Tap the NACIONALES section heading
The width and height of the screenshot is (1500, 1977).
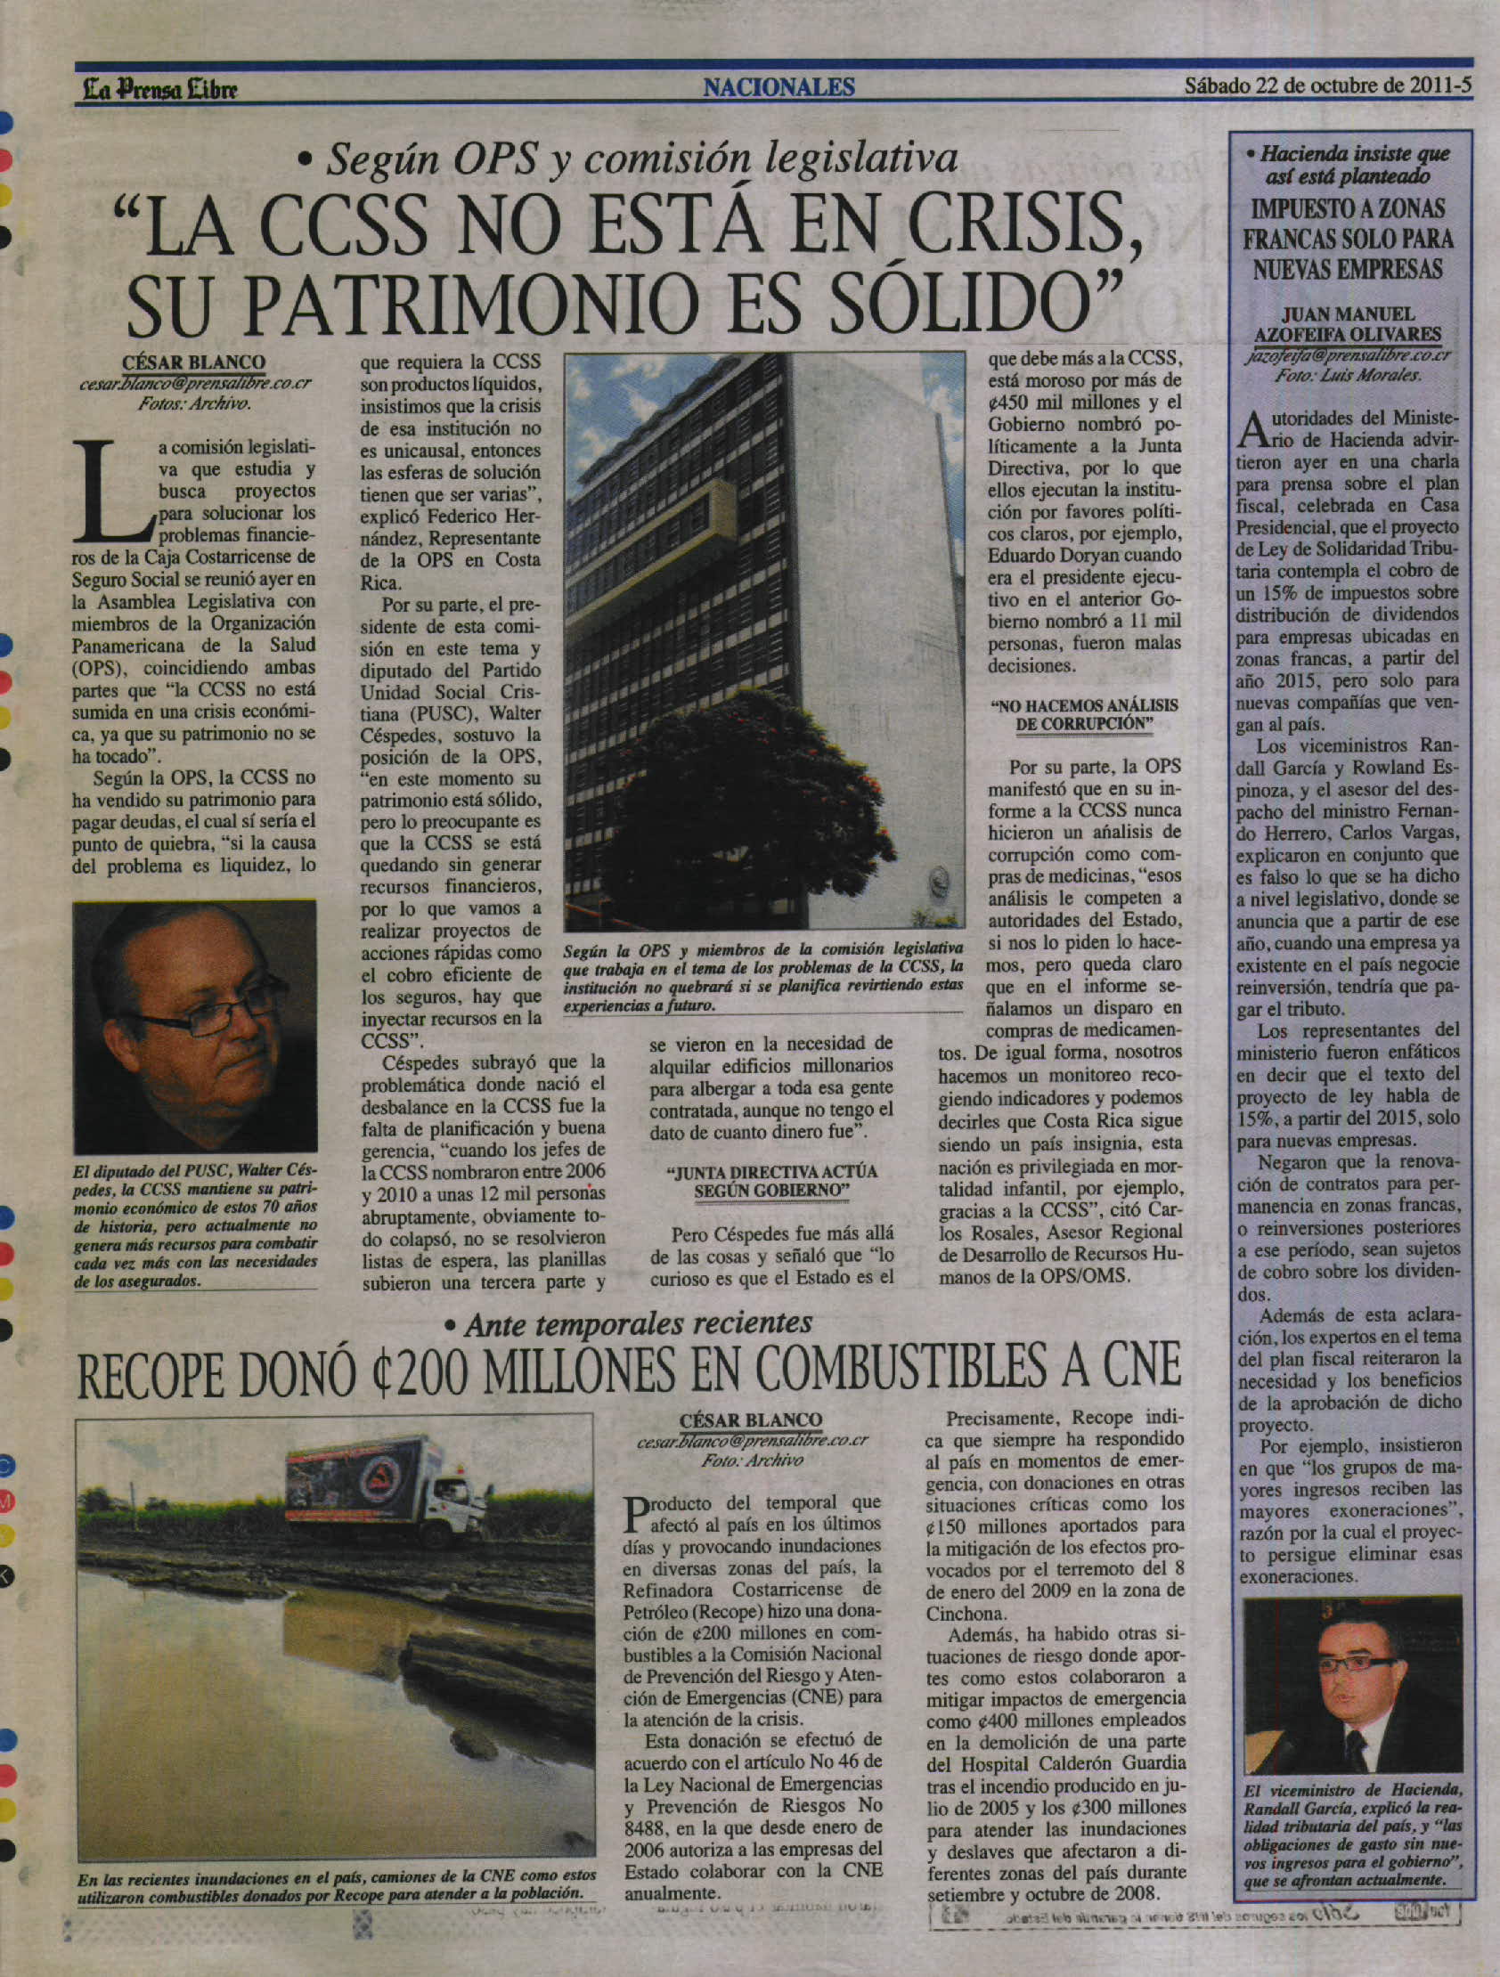tap(779, 86)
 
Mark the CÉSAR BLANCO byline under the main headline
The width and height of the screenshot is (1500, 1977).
tap(194, 362)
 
